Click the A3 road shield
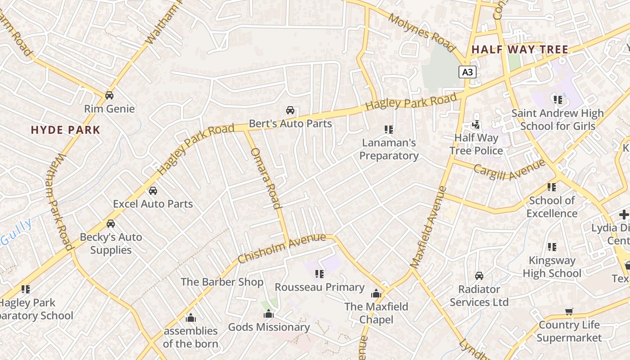tap(468, 72)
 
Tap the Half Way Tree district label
tap(520, 49)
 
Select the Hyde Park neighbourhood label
tap(65, 130)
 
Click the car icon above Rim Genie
tap(109, 95)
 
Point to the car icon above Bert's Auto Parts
tap(290, 110)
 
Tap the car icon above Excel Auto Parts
tap(153, 190)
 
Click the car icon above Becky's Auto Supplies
tap(111, 224)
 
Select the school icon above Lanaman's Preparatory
tap(389, 130)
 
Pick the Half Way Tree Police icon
tap(476, 124)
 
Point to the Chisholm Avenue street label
tap(281, 248)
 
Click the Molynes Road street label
tap(422, 31)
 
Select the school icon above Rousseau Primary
tap(319, 274)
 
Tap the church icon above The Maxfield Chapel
tap(376, 294)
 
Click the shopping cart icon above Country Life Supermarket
tap(569, 311)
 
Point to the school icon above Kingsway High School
tap(552, 247)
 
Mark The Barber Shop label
tap(222, 282)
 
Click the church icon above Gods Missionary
tap(269, 314)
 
